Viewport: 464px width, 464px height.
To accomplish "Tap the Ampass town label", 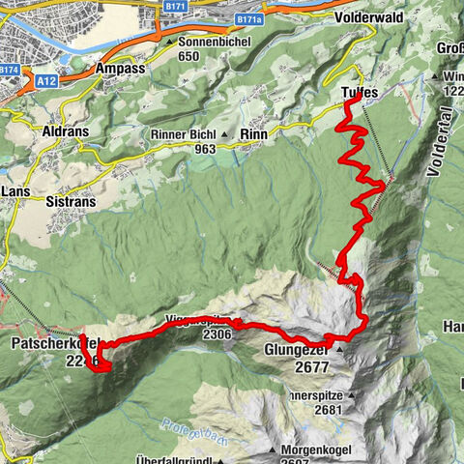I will pos(120,70).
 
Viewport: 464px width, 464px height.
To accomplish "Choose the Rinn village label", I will pos(252,134).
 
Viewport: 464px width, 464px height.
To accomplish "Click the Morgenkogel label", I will pos(324,450).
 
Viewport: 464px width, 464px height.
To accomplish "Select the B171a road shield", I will pos(251,18).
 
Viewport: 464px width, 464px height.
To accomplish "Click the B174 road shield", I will pos(10,70).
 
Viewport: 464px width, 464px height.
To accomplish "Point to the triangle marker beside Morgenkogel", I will pos(275,450).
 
